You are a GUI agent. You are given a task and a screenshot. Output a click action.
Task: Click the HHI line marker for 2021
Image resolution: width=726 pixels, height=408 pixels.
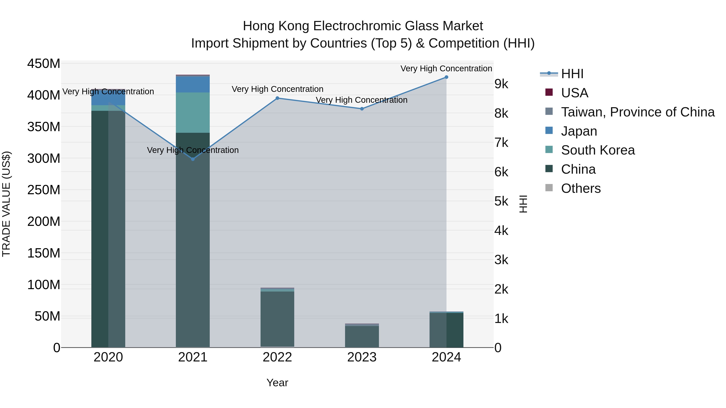click(x=193, y=159)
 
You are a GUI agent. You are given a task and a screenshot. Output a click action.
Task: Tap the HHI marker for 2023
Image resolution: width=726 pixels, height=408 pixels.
click(x=362, y=109)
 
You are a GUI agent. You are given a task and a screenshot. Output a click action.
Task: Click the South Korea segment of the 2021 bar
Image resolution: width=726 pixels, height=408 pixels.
click(x=193, y=113)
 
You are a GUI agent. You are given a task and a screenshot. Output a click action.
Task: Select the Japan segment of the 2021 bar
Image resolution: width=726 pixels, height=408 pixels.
click(x=193, y=84)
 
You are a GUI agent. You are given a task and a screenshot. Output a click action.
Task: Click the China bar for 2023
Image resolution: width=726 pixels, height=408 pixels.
click(x=362, y=336)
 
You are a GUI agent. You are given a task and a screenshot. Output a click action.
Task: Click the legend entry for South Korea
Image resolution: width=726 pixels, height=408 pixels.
click(x=598, y=150)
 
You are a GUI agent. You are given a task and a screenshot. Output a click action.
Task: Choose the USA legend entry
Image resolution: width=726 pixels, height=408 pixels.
click(x=574, y=93)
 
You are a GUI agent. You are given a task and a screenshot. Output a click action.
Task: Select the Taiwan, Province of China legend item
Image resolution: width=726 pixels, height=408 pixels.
click(x=637, y=112)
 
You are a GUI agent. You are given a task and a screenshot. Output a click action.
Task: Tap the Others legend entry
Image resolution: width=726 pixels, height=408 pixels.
click(x=581, y=188)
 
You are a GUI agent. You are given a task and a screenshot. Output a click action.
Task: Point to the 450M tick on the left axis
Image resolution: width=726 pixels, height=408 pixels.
click(x=44, y=64)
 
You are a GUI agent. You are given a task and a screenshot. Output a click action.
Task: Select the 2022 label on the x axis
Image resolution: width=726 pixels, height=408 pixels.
click(x=277, y=357)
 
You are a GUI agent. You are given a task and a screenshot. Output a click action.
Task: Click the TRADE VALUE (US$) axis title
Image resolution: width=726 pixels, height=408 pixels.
click(x=6, y=204)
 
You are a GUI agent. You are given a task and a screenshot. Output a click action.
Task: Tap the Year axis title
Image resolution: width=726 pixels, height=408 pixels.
click(x=277, y=383)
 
